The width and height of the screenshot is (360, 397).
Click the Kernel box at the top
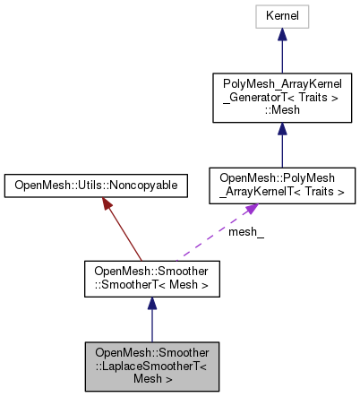(x=281, y=16)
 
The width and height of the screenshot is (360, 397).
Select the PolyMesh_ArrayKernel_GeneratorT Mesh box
(x=281, y=98)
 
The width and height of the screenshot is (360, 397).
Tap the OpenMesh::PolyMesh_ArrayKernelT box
(x=281, y=185)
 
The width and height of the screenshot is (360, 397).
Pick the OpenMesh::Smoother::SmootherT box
(x=151, y=279)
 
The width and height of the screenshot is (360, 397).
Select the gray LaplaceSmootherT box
(x=151, y=366)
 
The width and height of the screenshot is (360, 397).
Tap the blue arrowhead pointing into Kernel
(x=281, y=35)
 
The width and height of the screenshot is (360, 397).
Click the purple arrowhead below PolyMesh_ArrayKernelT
(x=253, y=209)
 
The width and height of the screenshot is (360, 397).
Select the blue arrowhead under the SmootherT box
(x=151, y=305)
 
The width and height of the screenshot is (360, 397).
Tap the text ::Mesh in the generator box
(x=281, y=109)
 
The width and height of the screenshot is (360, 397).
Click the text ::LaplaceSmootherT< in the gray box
(x=151, y=366)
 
